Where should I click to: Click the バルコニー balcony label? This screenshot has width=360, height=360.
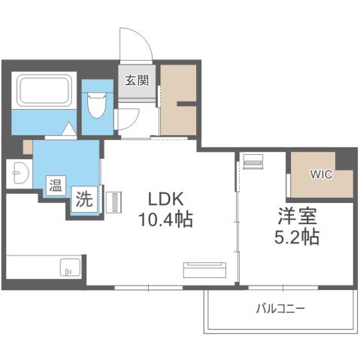[280, 309]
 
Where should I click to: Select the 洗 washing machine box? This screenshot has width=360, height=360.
[84, 201]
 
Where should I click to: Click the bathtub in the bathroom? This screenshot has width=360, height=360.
[44, 91]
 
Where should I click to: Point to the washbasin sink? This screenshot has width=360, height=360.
[17, 175]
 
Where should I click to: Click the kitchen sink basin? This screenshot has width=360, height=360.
[69, 267]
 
